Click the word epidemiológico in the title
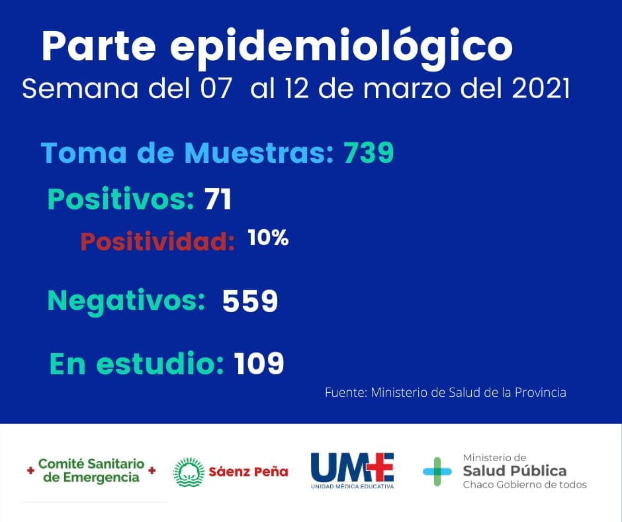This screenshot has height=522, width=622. click(x=341, y=48)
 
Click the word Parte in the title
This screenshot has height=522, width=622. click(x=99, y=45)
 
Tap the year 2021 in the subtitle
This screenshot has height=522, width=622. click(x=541, y=88)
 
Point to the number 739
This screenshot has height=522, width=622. click(x=369, y=152)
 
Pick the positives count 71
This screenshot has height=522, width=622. click(x=218, y=199)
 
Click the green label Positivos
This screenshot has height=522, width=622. click(x=120, y=199)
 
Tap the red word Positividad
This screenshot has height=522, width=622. click(x=157, y=240)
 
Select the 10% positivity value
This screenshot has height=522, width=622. click(x=268, y=238)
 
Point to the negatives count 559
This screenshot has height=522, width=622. click(x=250, y=301)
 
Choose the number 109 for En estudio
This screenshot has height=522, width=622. click(x=259, y=363)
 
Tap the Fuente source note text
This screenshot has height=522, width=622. click(x=445, y=392)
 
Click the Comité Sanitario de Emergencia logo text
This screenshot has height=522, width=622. click(x=91, y=471)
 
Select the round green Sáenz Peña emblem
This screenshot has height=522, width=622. click(x=189, y=472)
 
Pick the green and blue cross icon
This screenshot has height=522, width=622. click(x=437, y=472)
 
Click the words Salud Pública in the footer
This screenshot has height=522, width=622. click(x=515, y=471)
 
